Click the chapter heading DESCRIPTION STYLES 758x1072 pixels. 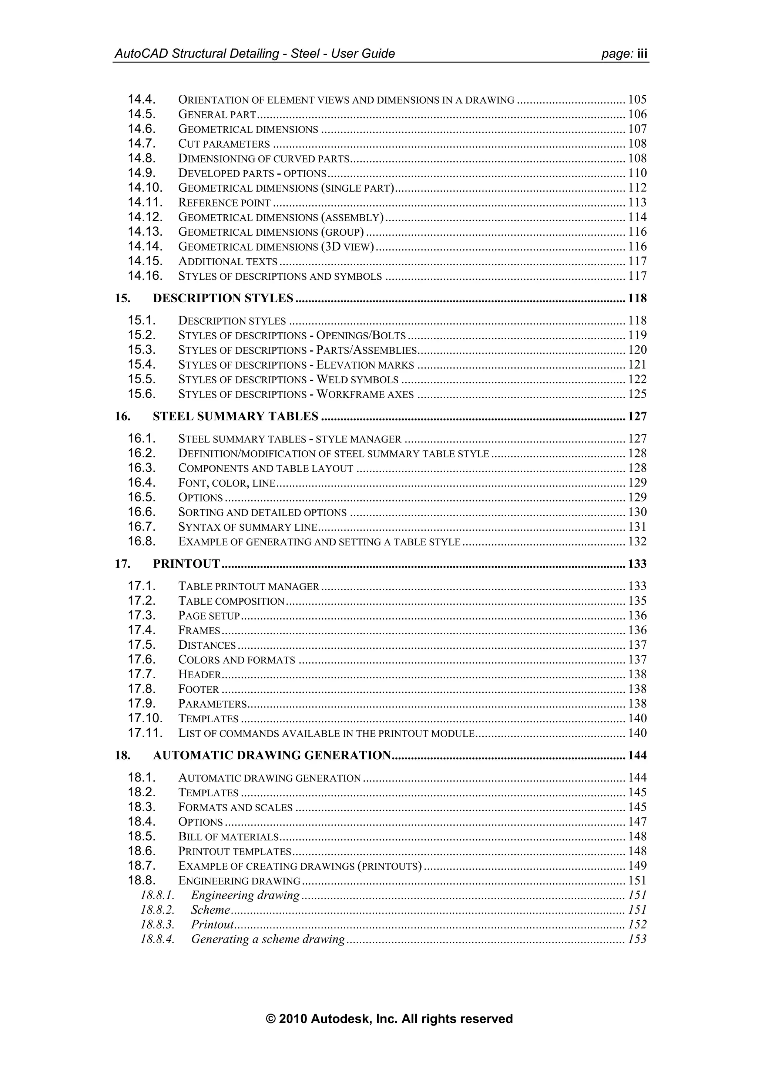pyautogui.click(x=223, y=298)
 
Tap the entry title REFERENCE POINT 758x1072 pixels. pyautogui.click(x=224, y=203)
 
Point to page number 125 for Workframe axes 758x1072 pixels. pyautogui.click(x=637, y=394)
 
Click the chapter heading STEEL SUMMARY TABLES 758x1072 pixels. pyautogui.click(x=235, y=416)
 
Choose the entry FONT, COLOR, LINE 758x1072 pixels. pyautogui.click(x=227, y=483)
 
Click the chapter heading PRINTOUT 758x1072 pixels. pyautogui.click(x=186, y=564)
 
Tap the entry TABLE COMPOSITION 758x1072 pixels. pyautogui.click(x=231, y=601)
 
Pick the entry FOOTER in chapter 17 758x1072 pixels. pyautogui.click(x=198, y=689)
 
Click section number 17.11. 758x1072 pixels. pyautogui.click(x=145, y=733)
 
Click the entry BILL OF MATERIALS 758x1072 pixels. pyautogui.click(x=228, y=837)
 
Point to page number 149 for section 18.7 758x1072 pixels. pyautogui.click(x=637, y=866)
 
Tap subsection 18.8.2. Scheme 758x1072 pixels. pyautogui.click(x=210, y=910)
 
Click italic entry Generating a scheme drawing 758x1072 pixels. pyautogui.click(x=268, y=940)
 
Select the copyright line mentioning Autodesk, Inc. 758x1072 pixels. pyautogui.click(x=389, y=1019)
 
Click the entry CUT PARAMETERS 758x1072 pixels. pyautogui.click(x=224, y=144)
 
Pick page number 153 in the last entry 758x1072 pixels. pyautogui.click(x=637, y=940)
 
